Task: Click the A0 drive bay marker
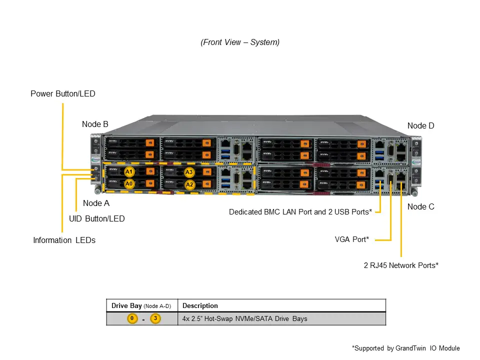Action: pos(129,183)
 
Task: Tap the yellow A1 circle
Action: pos(129,172)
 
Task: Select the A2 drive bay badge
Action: pos(189,184)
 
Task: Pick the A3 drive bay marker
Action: pos(189,172)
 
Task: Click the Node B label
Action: pos(95,124)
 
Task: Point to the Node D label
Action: pos(420,125)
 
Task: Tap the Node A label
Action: pos(96,203)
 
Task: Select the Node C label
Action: pos(420,206)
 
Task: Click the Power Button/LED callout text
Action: pos(62,93)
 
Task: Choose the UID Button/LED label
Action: pos(96,218)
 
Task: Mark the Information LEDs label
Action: pos(64,240)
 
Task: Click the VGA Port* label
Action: pos(351,239)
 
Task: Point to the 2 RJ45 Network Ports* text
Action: pos(400,265)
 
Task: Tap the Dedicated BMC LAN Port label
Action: pos(300,212)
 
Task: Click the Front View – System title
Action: pos(240,42)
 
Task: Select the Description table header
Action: pos(200,305)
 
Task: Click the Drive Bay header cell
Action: pos(141,305)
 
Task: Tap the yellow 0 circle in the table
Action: pos(132,318)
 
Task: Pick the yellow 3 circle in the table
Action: pos(155,318)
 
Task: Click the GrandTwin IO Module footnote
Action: pos(405,348)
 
